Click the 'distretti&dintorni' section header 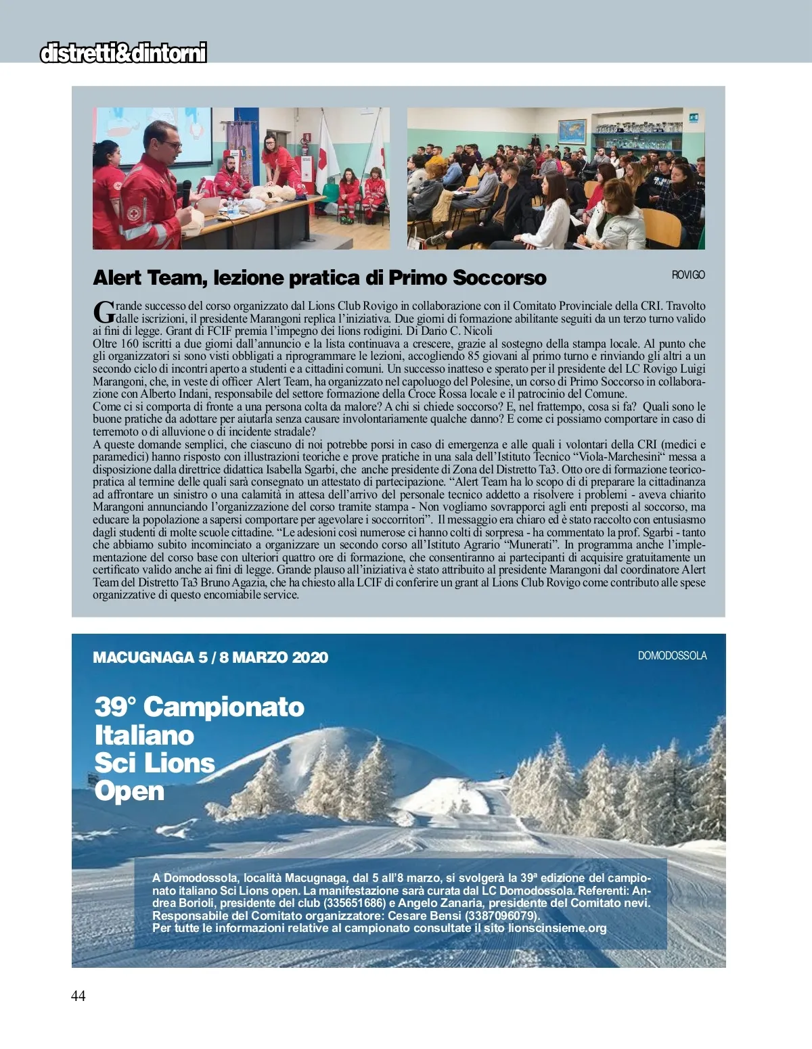tap(123, 53)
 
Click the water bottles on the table tap(233, 207)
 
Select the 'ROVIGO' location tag tap(687, 275)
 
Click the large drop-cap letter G tap(103, 312)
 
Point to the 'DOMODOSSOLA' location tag tap(672, 655)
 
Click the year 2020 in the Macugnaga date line tap(310, 657)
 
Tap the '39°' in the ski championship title tap(115, 707)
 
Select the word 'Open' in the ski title tap(129, 791)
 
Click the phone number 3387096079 tap(501, 916)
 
